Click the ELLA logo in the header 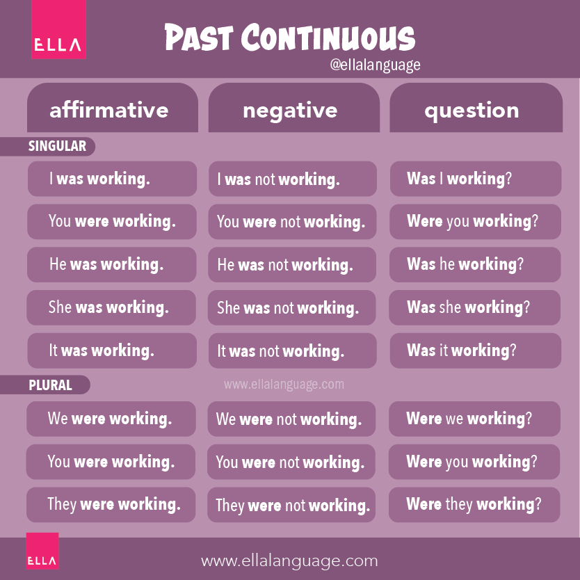point(58,31)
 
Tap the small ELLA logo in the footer point(42,551)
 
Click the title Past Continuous point(289,38)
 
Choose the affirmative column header point(109,110)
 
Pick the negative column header point(290,110)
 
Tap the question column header point(472,110)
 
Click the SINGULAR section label point(57,146)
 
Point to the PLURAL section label point(51,385)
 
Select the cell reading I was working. point(111,179)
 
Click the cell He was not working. point(292,265)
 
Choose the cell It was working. point(111,351)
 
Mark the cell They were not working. point(291,505)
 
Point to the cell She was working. point(111,307)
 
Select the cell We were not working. point(291,419)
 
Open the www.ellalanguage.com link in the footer point(289,561)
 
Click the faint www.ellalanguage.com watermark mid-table point(284,384)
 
